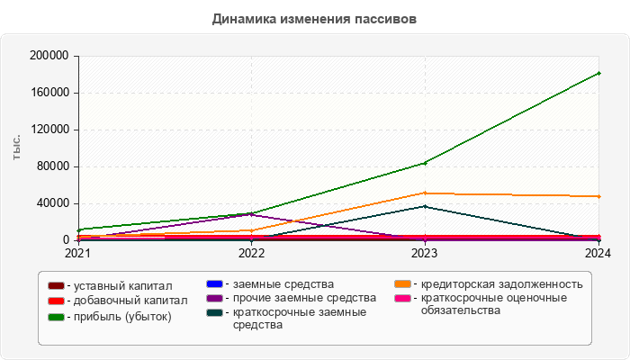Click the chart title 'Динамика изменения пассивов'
click(x=315, y=19)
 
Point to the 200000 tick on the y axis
click(x=49, y=56)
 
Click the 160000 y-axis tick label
click(x=49, y=93)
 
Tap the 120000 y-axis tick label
click(x=49, y=130)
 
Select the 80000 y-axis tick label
click(x=52, y=166)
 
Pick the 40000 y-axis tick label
click(x=52, y=203)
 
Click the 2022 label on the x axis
click(x=251, y=254)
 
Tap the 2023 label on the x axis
click(x=425, y=254)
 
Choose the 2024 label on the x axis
click(x=598, y=254)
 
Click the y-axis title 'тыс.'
click(x=16, y=148)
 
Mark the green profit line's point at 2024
click(x=598, y=73)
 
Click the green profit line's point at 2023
click(x=425, y=163)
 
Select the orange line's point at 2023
click(x=425, y=193)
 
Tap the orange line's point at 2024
click(x=598, y=196)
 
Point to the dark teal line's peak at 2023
click(x=425, y=207)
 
